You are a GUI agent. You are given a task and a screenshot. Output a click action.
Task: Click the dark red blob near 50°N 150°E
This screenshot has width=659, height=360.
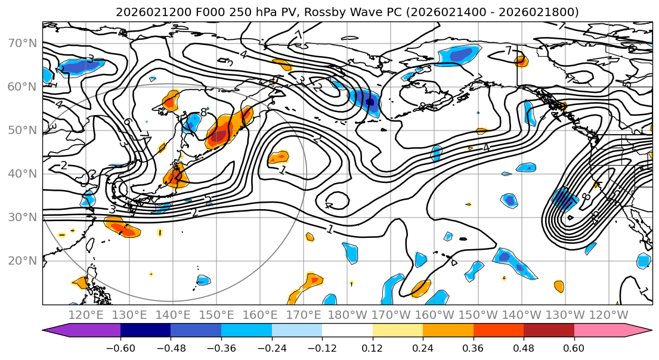[219, 136]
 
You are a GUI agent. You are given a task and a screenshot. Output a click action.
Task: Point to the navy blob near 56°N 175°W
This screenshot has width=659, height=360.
[371, 103]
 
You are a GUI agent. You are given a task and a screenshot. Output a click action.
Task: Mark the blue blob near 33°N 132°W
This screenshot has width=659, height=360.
[564, 198]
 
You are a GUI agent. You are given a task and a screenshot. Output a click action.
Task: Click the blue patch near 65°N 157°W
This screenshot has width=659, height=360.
[460, 55]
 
